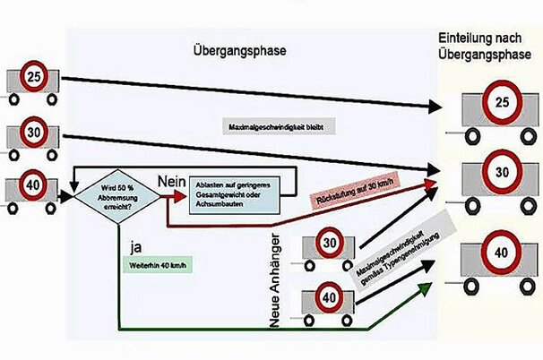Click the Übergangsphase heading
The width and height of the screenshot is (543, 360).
coord(239,51)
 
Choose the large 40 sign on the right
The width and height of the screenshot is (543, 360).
coord(503,248)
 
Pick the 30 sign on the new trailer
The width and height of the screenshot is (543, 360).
coord(328,243)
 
